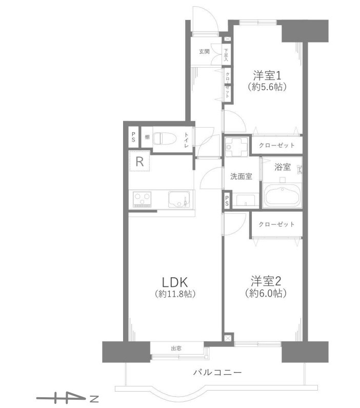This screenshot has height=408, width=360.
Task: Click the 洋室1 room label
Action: tap(267, 76)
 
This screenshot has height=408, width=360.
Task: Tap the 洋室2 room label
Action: tap(266, 281)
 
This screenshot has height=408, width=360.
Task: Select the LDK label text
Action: tap(175, 282)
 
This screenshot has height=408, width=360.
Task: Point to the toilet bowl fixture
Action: tap(165, 138)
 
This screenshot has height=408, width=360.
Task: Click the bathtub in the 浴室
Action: tap(283, 196)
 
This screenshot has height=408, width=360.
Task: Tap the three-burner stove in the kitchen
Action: tap(142, 199)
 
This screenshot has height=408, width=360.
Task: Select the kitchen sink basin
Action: tap(178, 199)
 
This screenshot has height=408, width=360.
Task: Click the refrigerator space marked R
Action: tap(140, 161)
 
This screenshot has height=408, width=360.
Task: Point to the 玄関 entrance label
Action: tap(204, 52)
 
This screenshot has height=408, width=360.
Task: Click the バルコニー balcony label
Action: tap(217, 373)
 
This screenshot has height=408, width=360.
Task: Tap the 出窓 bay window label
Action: tap(176, 348)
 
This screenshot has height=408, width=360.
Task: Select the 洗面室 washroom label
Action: tap(242, 176)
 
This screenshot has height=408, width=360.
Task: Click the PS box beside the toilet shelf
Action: tap(133, 137)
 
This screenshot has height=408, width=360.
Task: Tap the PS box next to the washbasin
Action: tap(227, 199)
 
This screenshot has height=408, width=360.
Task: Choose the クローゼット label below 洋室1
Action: tap(276, 145)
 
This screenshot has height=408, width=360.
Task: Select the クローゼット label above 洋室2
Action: tap(276, 224)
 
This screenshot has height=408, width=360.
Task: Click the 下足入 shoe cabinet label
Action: tap(226, 55)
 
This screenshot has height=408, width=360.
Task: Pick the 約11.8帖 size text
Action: tap(175, 294)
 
